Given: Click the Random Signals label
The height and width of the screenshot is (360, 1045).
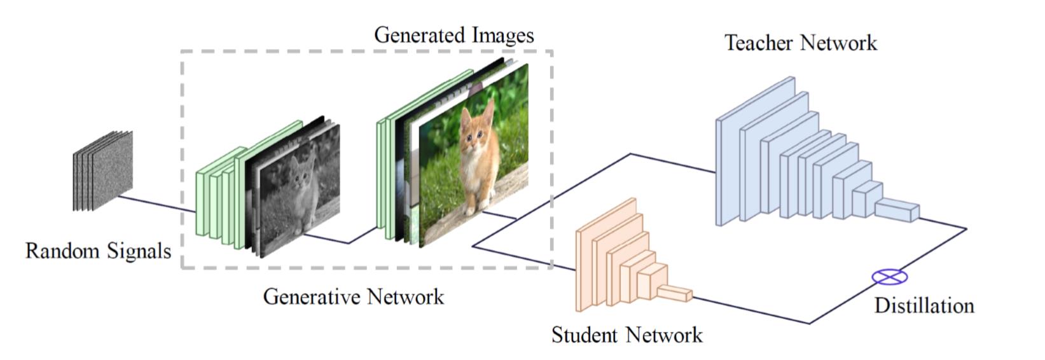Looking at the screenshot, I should coord(98,251).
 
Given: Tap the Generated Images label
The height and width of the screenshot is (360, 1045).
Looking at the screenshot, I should coord(453,34).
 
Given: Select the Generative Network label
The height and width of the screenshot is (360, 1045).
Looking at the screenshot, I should coord(353,296).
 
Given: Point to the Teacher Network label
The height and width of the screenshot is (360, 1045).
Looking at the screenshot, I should coord(800,43).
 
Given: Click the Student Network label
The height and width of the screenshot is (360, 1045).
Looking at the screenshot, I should coord(626,335).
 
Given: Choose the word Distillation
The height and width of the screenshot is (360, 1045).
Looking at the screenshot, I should coord(924,305).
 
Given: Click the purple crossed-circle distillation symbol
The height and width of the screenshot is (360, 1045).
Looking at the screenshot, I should coord(889,277).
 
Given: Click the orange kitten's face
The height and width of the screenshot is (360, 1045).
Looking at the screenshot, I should coord(476,130).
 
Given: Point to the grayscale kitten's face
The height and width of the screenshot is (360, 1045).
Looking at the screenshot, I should coord(304,170).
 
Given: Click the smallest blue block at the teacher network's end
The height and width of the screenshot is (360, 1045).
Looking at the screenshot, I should coord(897,210).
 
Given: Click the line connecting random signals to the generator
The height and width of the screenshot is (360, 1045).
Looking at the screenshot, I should coord(156,204).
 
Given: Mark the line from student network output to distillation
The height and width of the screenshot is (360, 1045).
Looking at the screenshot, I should coord(751,310).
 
